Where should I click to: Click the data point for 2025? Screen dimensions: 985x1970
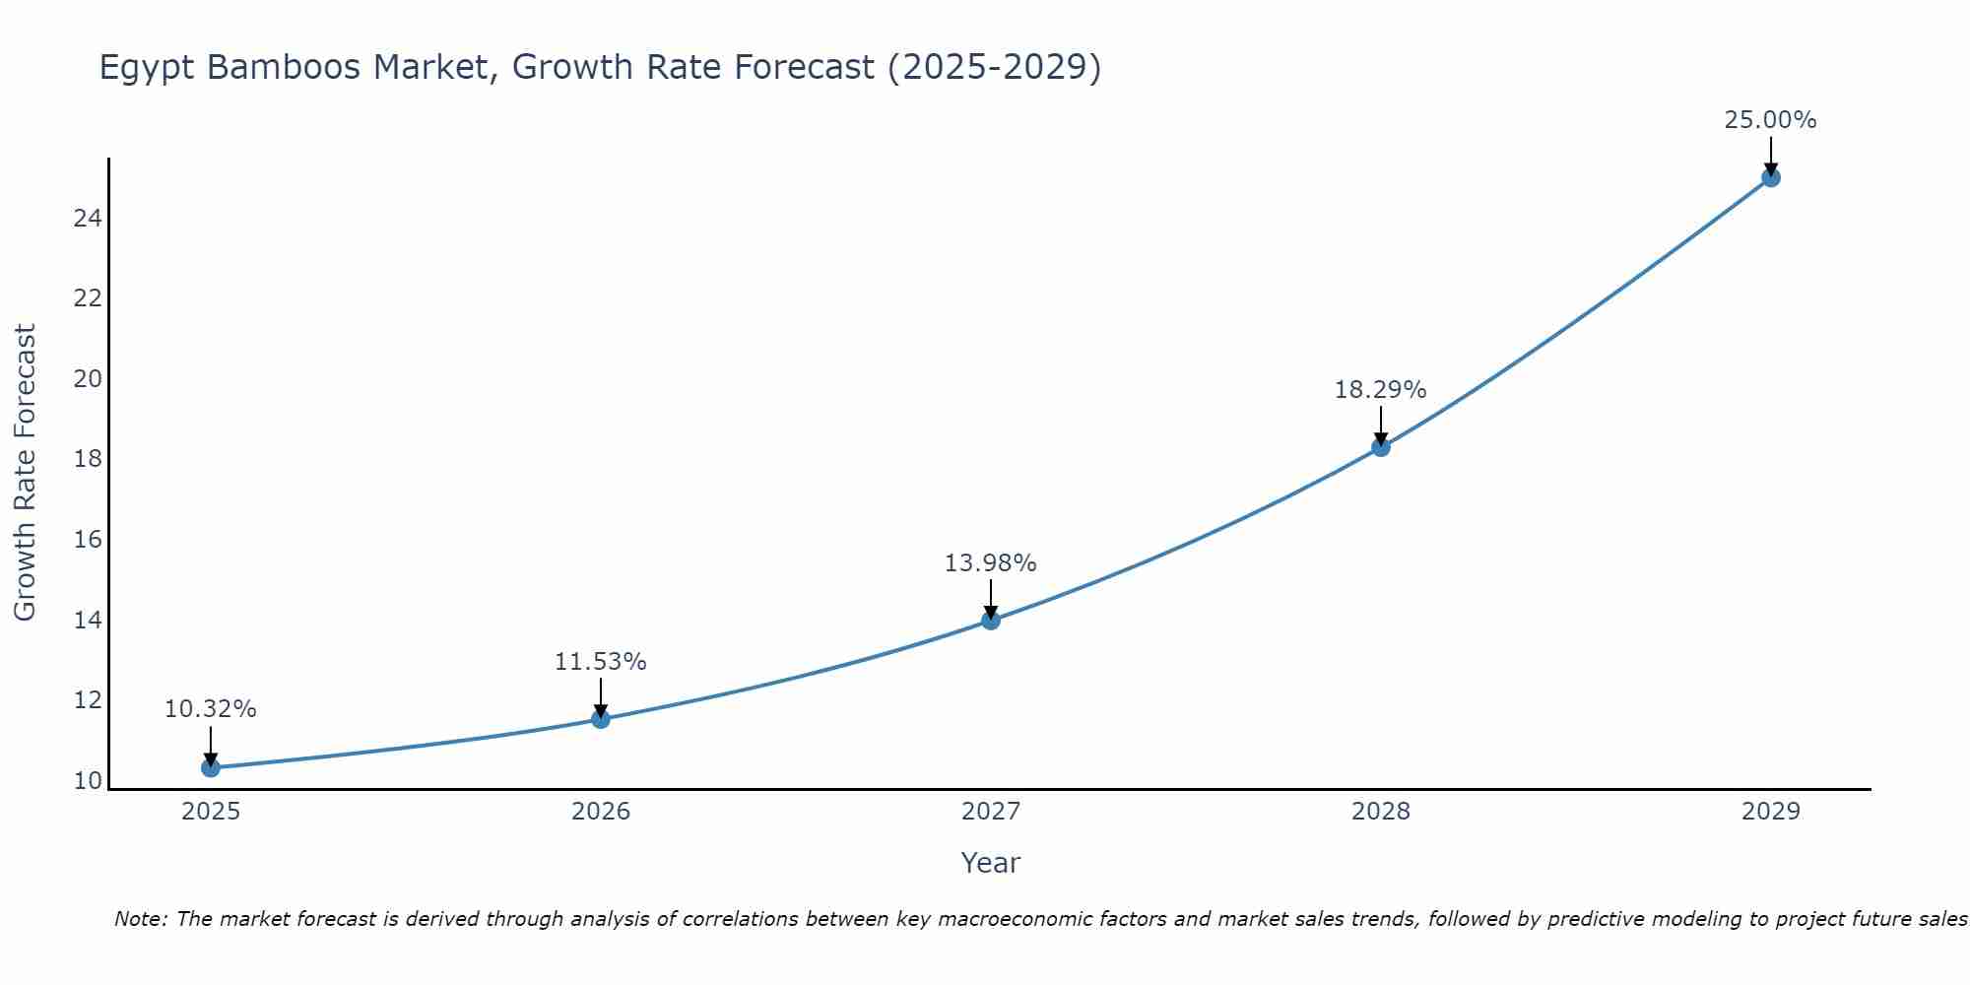pyautogui.click(x=210, y=767)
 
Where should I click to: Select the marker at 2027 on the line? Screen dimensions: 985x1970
pyautogui.click(x=991, y=620)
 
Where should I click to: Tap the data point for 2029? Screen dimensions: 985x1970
pyautogui.click(x=1771, y=178)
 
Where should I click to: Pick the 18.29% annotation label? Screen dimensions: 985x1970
pyautogui.click(x=1380, y=390)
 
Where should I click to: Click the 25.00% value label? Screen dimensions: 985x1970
pyautogui.click(x=1770, y=120)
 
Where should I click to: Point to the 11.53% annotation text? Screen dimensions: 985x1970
pyautogui.click(x=600, y=662)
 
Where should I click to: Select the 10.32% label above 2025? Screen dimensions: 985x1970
pyautogui.click(x=210, y=709)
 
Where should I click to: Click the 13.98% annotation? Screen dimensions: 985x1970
pyautogui.click(x=990, y=563)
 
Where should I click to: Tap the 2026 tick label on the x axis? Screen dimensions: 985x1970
pyautogui.click(x=601, y=812)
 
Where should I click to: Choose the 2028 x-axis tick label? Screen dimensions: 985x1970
pyautogui.click(x=1381, y=812)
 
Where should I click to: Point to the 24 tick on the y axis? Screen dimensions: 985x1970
pyautogui.click(x=88, y=219)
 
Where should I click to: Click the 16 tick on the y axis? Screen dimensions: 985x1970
pyautogui.click(x=88, y=540)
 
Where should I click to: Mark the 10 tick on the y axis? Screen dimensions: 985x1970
pyautogui.click(x=88, y=781)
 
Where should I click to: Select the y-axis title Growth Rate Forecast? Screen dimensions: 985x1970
pyautogui.click(x=25, y=473)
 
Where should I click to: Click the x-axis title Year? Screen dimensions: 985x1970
pyautogui.click(x=990, y=863)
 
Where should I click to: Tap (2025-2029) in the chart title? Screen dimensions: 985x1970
pyautogui.click(x=994, y=67)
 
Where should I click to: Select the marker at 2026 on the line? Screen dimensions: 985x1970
pyautogui.click(x=601, y=718)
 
